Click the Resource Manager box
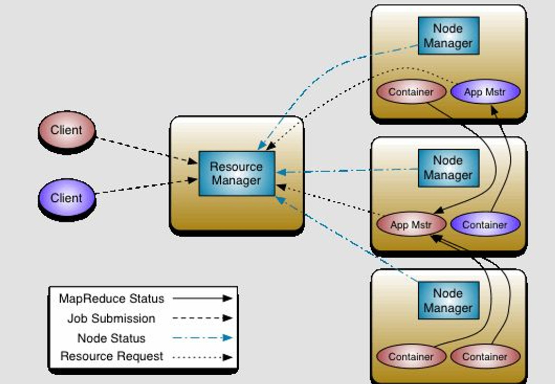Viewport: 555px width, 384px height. coord(237,174)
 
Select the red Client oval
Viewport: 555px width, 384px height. coord(66,130)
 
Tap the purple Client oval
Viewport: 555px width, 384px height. coord(66,198)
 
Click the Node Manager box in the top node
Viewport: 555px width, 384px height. coord(448,36)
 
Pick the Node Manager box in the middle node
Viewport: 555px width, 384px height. coord(448,168)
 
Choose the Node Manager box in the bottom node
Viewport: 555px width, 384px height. coord(448,301)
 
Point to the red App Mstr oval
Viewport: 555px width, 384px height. coord(411,225)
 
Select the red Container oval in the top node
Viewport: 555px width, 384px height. coord(411,92)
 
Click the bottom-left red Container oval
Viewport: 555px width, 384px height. coord(411,357)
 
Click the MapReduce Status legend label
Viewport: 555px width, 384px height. coord(112,299)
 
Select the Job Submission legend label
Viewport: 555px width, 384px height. coord(112,319)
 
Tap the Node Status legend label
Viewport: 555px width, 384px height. coord(112,338)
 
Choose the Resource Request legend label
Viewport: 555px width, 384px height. coord(112,356)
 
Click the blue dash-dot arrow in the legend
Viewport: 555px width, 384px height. coord(202,338)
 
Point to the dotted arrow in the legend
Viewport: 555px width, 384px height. coord(202,357)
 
